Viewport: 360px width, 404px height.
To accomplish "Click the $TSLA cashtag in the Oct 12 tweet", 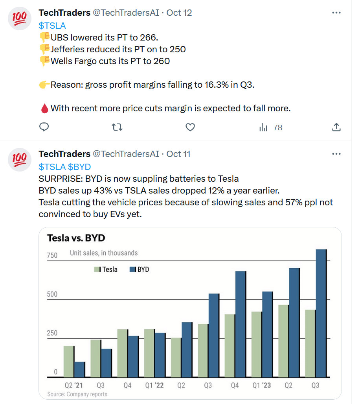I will pos(52,26).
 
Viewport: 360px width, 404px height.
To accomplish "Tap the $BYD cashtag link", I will pos(80,166).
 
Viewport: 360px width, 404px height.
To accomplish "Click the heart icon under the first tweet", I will pos(190,127).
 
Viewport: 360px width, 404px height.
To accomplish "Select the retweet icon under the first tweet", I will pos(117,127).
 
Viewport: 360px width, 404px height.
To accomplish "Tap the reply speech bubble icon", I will pos(44,127).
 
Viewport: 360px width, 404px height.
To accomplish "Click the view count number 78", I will pos(277,127).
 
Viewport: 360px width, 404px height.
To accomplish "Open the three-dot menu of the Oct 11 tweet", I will pos(336,154).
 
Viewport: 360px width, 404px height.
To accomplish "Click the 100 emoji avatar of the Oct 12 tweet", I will pos(20,18).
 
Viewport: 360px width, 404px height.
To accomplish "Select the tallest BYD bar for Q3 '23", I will pos(321,313).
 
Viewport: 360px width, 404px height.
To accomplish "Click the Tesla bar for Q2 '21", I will pos(69,362).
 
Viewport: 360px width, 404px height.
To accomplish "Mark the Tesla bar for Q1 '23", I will pos(256,344).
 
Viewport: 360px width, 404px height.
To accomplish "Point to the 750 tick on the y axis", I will pos(52,255).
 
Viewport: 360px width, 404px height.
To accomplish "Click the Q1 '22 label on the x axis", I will pos(154,386).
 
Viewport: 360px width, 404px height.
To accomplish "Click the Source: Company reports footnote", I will pos(77,394).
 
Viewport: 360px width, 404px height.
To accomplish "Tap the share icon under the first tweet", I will pos(336,127).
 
